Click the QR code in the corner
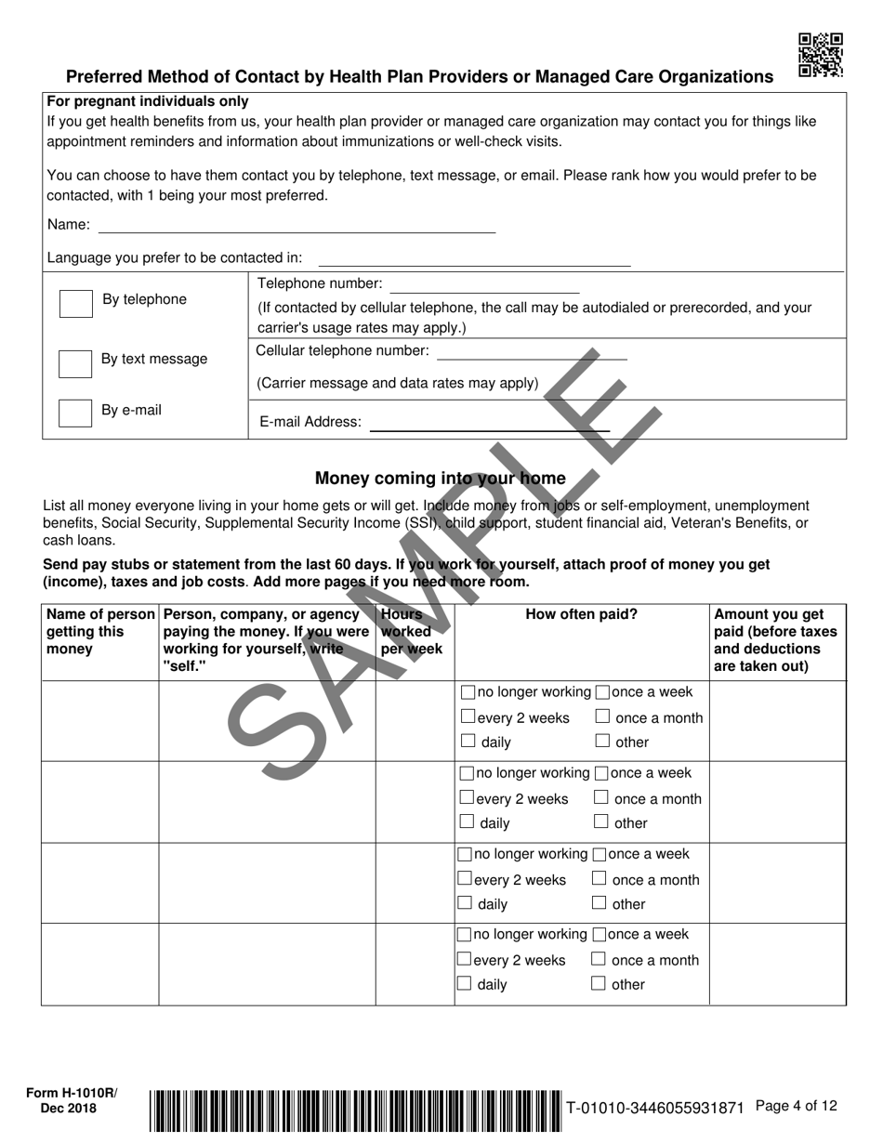tap(821, 55)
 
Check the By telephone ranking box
tap(75, 303)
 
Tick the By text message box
tap(75, 362)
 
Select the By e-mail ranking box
tap(75, 413)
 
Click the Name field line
tap(297, 227)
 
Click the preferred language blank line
tap(474, 260)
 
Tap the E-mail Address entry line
tap(489, 425)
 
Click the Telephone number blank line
tap(484, 287)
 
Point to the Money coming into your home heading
tap(440, 479)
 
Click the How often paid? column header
tap(581, 614)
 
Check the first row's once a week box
tap(602, 692)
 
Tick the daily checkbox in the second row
tap(468, 822)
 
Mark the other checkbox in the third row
tap(599, 903)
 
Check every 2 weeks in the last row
tap(465, 959)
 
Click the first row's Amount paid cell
tap(777, 721)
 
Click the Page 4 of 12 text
tap(797, 1106)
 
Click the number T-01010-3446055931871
tap(655, 1108)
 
